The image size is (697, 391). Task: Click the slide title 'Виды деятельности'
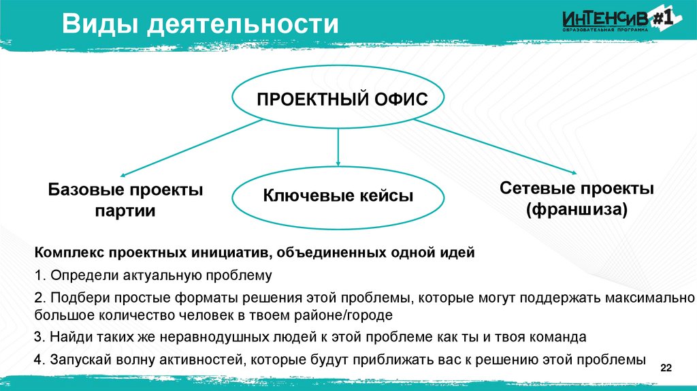point(201,25)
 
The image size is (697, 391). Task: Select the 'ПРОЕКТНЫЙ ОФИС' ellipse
point(341,100)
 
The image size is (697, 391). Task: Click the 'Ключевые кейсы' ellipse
point(338,196)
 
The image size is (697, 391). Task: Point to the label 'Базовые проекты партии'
point(125,200)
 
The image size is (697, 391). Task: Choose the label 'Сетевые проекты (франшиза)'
point(577,198)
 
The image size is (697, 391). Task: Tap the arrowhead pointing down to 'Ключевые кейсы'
point(338,162)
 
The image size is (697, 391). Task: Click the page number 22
point(666,369)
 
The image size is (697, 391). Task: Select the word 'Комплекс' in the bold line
point(68,253)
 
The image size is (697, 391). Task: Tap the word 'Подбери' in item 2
point(76,298)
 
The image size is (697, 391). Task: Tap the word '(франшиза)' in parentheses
point(577,210)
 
